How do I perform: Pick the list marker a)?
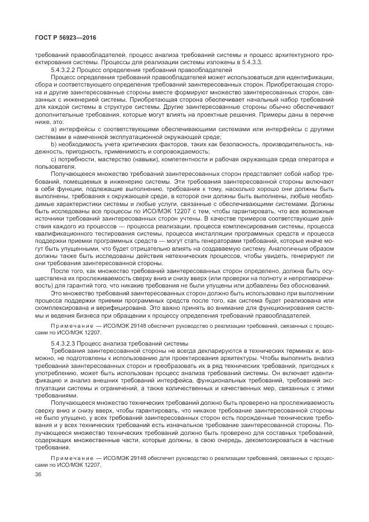pyautogui.click(x=54, y=128)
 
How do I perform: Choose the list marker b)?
pyautogui.click(x=54, y=143)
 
